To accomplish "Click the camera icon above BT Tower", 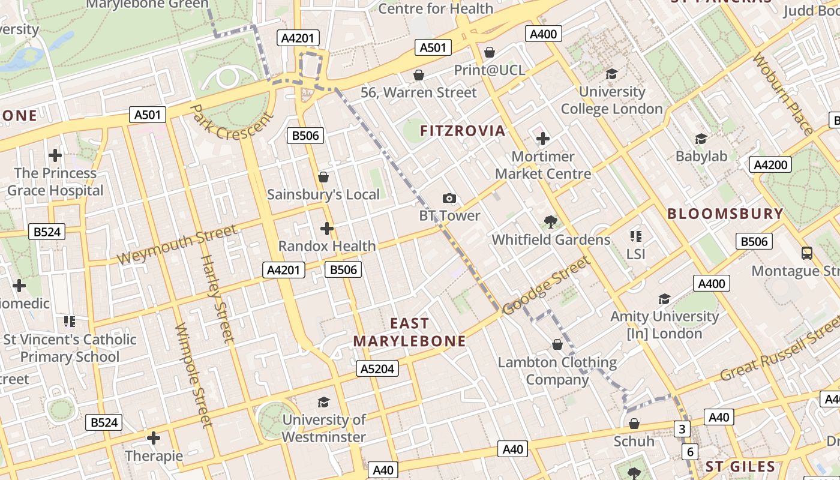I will pyautogui.click(x=449, y=198).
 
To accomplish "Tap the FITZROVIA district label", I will pyautogui.click(x=463, y=131).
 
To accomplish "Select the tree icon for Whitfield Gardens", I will pyautogui.click(x=550, y=222).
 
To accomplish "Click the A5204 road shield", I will pyautogui.click(x=377, y=368).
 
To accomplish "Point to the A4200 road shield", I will pyautogui.click(x=771, y=164).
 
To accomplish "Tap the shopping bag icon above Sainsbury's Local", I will pyautogui.click(x=323, y=177).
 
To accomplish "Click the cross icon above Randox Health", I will pyautogui.click(x=327, y=229).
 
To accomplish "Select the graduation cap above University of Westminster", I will pyautogui.click(x=324, y=402).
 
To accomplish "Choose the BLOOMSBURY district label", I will pyautogui.click(x=725, y=214).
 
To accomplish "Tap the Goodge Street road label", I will pyautogui.click(x=546, y=286).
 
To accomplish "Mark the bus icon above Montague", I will pyautogui.click(x=807, y=253).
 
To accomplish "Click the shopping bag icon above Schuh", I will pyautogui.click(x=634, y=424).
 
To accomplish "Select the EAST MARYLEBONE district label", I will pyautogui.click(x=409, y=332).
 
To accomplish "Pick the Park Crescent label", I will pyautogui.click(x=227, y=122).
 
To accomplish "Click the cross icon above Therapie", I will pyautogui.click(x=154, y=438).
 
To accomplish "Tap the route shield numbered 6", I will pyautogui.click(x=690, y=451).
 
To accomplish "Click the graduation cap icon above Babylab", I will pyautogui.click(x=701, y=139).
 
